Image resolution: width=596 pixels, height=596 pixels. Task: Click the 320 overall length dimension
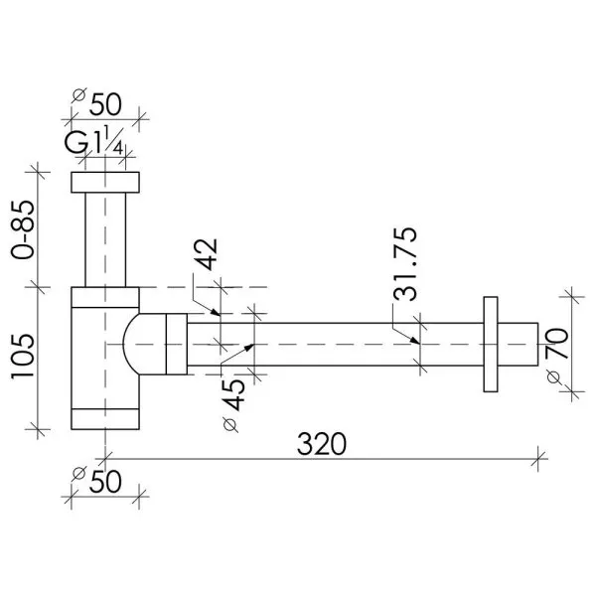point(322,444)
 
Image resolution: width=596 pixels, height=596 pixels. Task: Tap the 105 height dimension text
point(23,357)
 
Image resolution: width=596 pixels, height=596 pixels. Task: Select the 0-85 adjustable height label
point(23,229)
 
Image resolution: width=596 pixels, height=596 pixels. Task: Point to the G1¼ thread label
point(94,141)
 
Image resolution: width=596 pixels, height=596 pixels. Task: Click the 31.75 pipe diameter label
point(405,264)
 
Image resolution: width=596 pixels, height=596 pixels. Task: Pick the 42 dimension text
point(206,254)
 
